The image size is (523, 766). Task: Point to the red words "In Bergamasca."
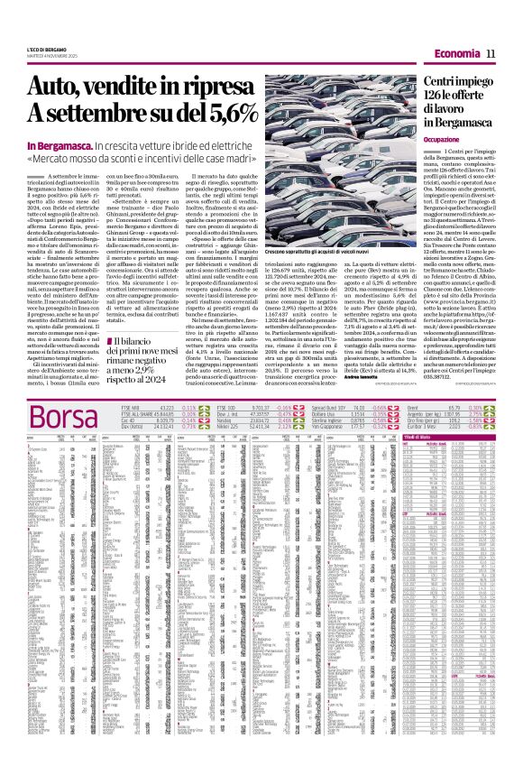coord(57,145)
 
